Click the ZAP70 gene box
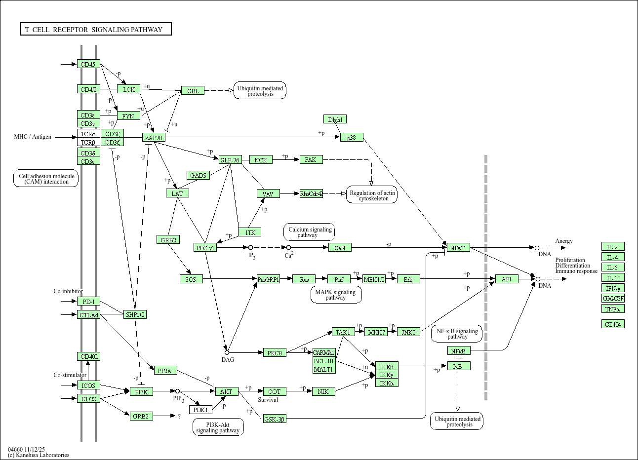point(154,138)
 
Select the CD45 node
point(88,64)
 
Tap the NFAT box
point(458,248)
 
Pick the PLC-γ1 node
point(205,248)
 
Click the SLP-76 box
point(230,160)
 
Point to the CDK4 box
point(613,324)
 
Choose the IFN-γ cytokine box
point(613,288)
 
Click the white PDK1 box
point(200,410)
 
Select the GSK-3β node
point(274,419)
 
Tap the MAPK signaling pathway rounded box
point(336,295)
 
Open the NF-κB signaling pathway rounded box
point(457,334)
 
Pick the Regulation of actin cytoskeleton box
point(372,195)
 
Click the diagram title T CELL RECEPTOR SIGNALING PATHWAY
point(95,30)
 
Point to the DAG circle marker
point(227,353)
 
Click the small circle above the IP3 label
point(250,247)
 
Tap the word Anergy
point(564,241)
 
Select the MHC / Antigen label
point(33,137)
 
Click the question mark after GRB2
point(179,417)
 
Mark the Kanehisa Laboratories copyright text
point(39,455)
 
